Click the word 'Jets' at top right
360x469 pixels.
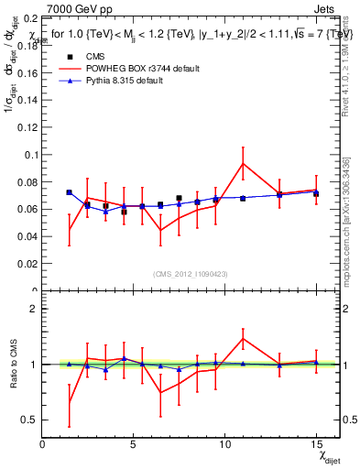point(325,8)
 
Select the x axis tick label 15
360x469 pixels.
point(316,444)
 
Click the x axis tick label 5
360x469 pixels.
point(134,444)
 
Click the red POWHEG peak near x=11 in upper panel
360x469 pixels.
point(243,163)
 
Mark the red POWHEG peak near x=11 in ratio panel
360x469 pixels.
point(243,338)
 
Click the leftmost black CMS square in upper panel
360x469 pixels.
point(69,192)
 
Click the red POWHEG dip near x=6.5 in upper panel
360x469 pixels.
point(160,230)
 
